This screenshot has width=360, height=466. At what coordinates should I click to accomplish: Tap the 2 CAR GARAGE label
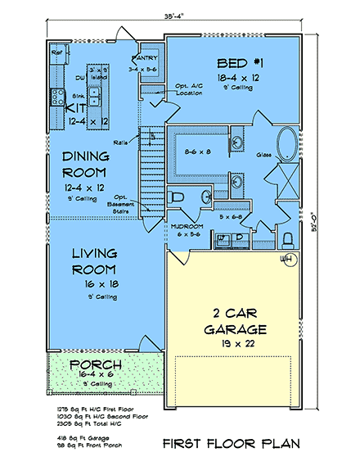click(230, 321)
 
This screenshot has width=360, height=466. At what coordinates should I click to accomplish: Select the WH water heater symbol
click(286, 260)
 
